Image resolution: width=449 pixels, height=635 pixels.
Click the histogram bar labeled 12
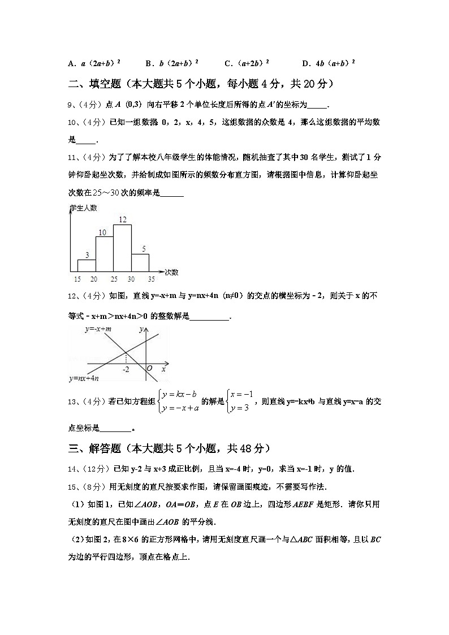point(122,248)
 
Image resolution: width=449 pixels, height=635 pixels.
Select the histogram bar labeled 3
point(87,265)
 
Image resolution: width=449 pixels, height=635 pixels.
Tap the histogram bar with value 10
point(104,253)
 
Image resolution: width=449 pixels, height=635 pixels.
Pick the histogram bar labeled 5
point(140,262)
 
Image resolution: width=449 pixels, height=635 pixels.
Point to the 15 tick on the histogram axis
point(77,279)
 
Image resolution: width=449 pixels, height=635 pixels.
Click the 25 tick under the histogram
point(114,279)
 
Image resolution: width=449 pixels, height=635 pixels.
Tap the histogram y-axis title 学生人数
point(83,208)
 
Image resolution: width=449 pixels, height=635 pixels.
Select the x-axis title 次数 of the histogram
point(172,272)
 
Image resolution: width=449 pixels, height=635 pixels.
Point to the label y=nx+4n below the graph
point(84,378)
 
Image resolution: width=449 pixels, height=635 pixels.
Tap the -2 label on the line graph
point(126,369)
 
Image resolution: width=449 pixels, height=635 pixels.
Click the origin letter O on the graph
point(149,369)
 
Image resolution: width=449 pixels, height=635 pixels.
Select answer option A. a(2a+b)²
point(94,63)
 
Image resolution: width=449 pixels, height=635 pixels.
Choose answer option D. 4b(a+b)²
point(328,63)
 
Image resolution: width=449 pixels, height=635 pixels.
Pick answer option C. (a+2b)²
point(247,63)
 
